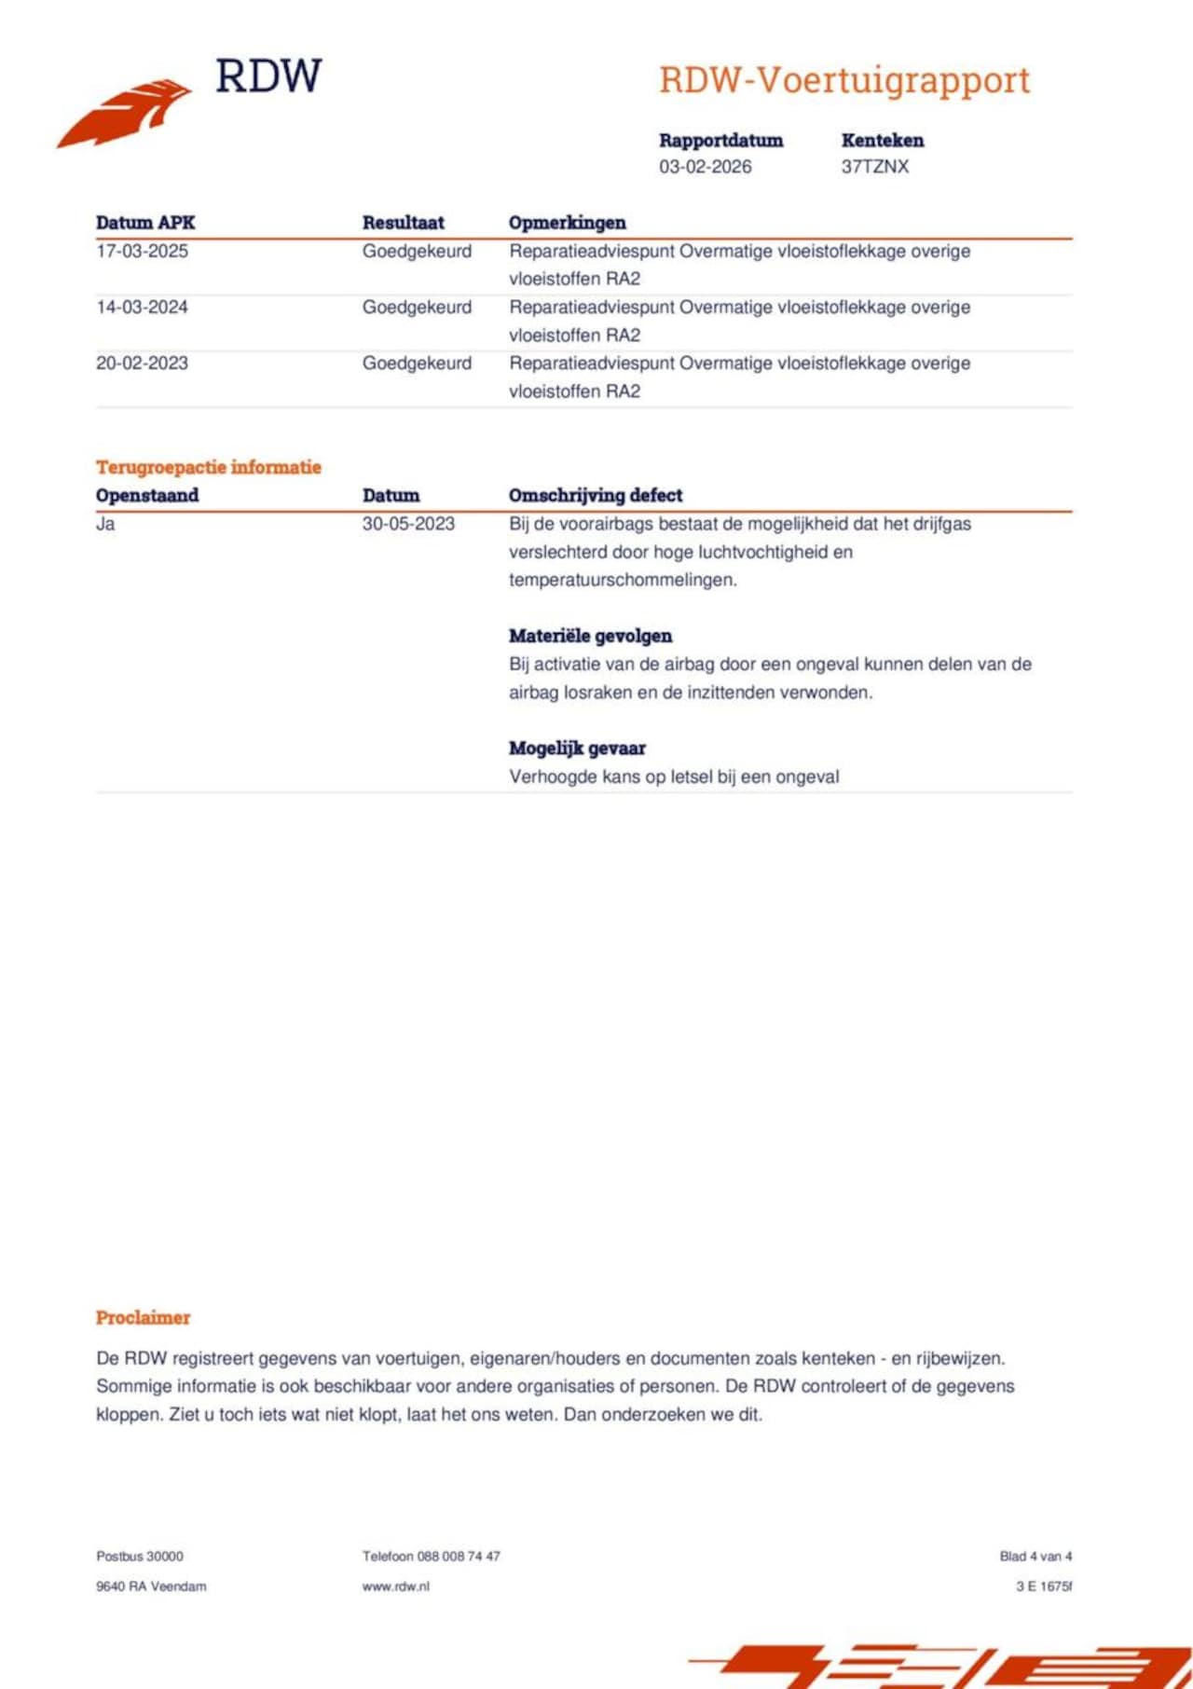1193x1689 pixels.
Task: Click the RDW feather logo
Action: pyautogui.click(x=125, y=113)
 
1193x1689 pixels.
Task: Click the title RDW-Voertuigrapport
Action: pyautogui.click(x=844, y=80)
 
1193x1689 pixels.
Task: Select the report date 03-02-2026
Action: pyautogui.click(x=705, y=167)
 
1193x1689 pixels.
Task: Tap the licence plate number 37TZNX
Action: pyautogui.click(x=874, y=167)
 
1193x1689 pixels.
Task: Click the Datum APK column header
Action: pyautogui.click(x=145, y=223)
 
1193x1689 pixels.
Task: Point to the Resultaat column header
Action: pyautogui.click(x=403, y=223)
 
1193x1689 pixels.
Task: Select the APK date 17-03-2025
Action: pyautogui.click(x=142, y=251)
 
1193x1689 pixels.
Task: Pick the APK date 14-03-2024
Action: pyautogui.click(x=142, y=307)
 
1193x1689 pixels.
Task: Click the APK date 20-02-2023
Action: pyautogui.click(x=142, y=363)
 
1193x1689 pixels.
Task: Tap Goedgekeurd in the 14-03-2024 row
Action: pyautogui.click(x=417, y=307)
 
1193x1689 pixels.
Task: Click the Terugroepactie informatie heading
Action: pyautogui.click(x=208, y=467)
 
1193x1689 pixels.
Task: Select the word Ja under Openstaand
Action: pyautogui.click(x=105, y=524)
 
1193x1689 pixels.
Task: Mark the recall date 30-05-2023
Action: pyautogui.click(x=408, y=524)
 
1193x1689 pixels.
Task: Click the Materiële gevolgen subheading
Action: pyautogui.click(x=590, y=636)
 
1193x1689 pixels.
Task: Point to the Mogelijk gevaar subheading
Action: pyautogui.click(x=577, y=748)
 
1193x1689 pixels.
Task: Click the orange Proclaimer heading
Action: pyautogui.click(x=143, y=1317)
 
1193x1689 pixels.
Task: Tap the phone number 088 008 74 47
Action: pyautogui.click(x=459, y=1556)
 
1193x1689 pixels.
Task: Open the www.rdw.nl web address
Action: pyautogui.click(x=396, y=1586)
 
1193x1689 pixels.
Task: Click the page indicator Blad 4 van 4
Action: pyautogui.click(x=1035, y=1556)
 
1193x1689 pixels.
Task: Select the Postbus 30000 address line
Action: pyautogui.click(x=140, y=1556)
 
